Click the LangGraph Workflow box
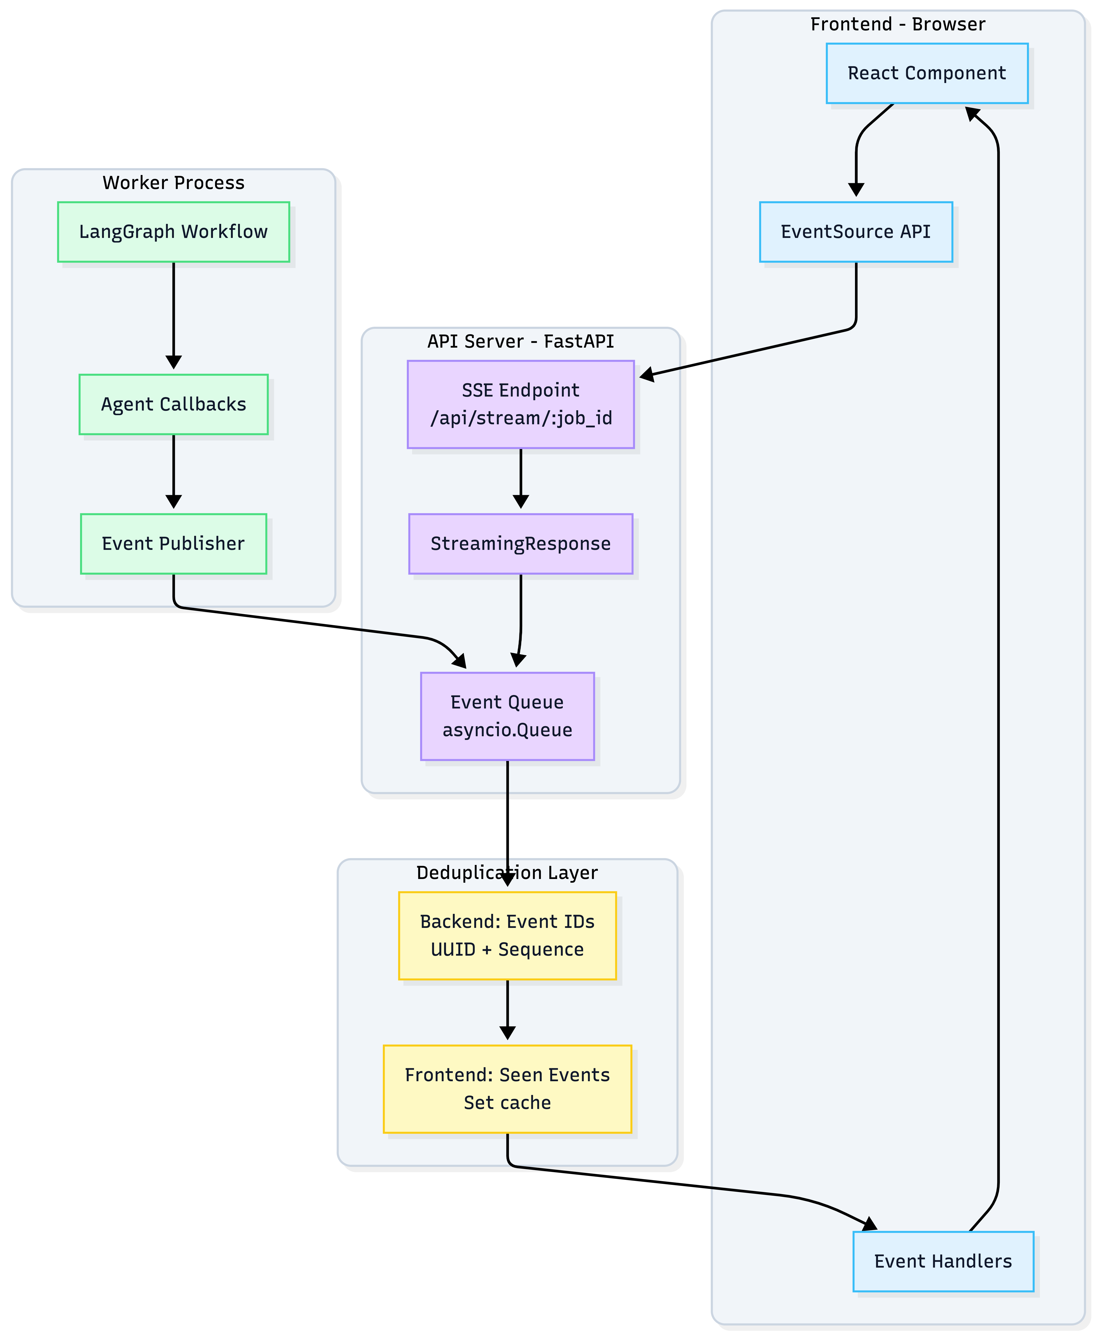point(173,232)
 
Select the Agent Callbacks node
point(173,404)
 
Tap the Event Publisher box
point(173,544)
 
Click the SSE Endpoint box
point(521,404)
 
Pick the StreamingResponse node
point(521,544)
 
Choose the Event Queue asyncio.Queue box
point(508,716)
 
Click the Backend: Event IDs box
point(508,936)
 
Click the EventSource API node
point(856,232)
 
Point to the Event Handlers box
point(943,1261)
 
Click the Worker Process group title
point(173,183)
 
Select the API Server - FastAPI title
point(521,341)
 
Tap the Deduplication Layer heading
point(508,873)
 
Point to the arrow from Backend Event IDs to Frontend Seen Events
point(508,1011)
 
